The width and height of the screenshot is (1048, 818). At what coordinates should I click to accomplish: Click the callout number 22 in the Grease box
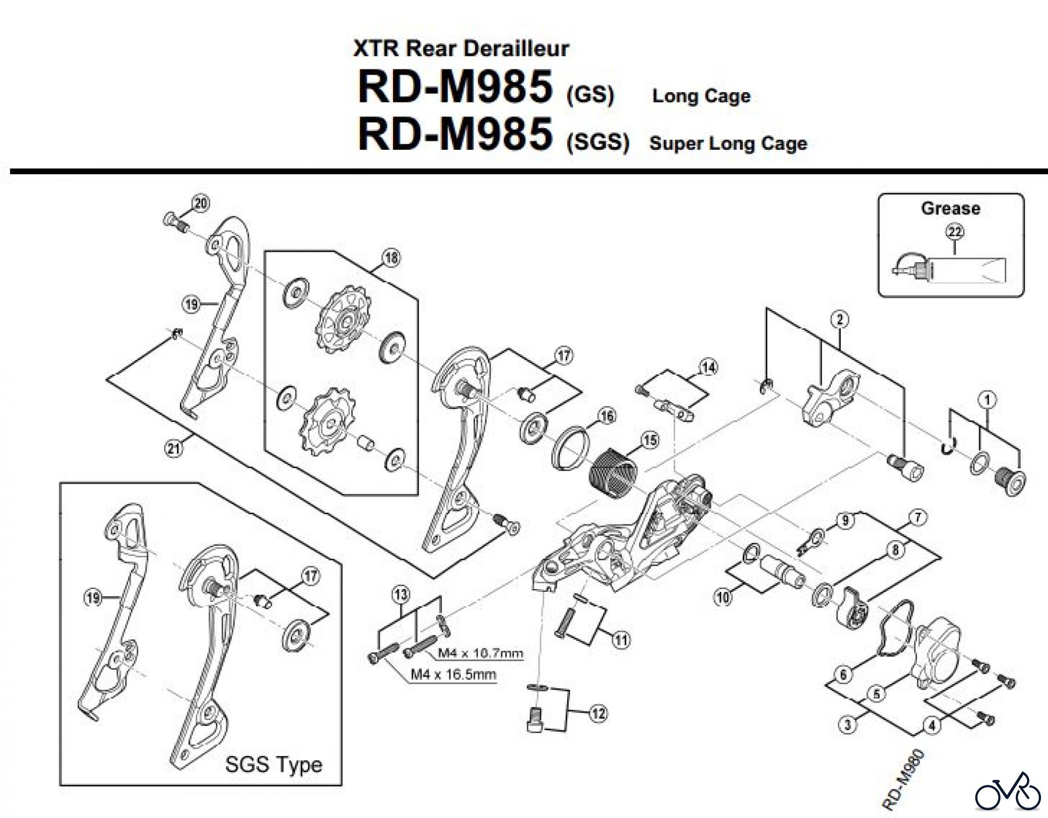[955, 232]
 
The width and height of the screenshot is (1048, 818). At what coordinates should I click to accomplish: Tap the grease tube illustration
[955, 272]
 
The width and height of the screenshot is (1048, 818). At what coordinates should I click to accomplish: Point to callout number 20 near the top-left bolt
[201, 203]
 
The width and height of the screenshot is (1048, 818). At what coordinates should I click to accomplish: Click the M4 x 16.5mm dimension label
[454, 674]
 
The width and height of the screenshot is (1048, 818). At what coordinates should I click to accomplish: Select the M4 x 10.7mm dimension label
[480, 653]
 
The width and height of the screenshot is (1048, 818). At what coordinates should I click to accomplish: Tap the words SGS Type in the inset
[274, 763]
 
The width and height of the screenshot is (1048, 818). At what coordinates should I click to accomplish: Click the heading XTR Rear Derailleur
[461, 48]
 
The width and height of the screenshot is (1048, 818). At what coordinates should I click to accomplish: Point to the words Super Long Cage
[728, 143]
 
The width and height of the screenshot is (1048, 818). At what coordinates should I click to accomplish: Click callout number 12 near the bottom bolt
[599, 713]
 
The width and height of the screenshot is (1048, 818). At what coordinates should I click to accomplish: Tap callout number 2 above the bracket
[840, 319]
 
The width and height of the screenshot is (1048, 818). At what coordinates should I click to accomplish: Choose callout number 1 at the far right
[987, 399]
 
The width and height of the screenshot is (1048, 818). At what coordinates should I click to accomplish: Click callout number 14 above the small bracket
[709, 367]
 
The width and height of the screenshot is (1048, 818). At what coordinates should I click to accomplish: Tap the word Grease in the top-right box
[950, 208]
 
